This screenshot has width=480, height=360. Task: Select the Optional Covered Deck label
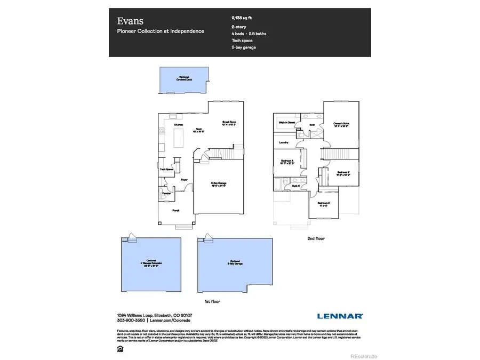click(185, 78)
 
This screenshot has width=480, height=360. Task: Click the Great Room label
click(229, 123)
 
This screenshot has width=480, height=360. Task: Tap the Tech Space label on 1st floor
click(166, 170)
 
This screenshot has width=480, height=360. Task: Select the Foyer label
click(183, 180)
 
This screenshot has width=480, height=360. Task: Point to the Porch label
click(176, 211)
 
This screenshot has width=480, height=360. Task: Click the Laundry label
click(284, 142)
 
